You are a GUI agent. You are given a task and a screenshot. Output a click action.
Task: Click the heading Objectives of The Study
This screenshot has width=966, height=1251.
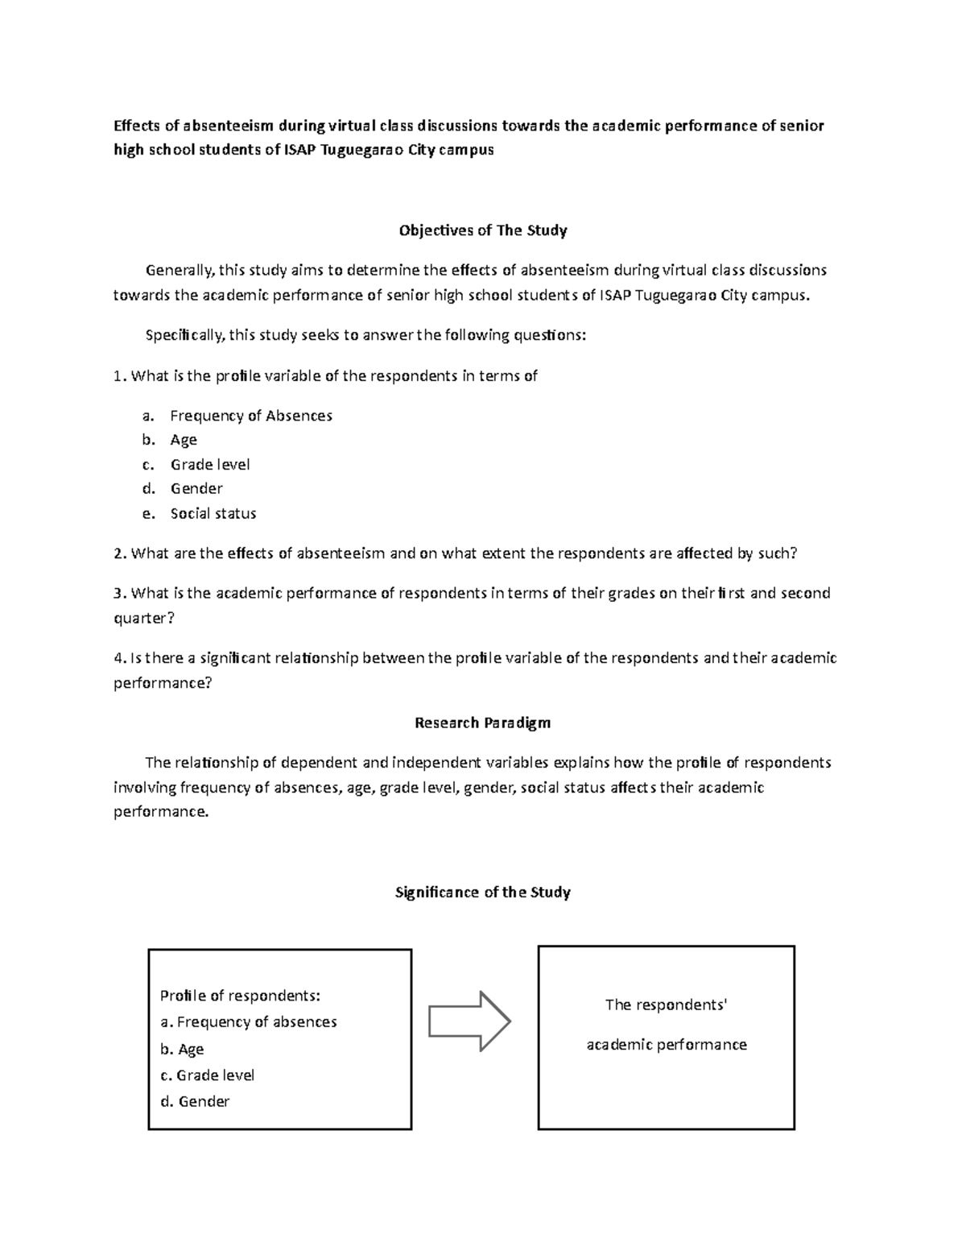click(x=483, y=230)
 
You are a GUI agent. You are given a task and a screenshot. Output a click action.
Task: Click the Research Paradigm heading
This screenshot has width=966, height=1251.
click(x=482, y=723)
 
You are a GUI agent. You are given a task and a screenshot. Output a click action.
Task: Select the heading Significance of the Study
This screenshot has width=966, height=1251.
click(x=482, y=892)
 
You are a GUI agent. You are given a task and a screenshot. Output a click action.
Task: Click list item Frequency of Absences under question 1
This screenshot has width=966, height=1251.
click(x=250, y=416)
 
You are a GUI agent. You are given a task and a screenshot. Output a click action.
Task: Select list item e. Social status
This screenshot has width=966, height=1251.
click(x=213, y=513)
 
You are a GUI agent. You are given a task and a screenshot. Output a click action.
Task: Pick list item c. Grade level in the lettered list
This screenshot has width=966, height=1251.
click(x=209, y=465)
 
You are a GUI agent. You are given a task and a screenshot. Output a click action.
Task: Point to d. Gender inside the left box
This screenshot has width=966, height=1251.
click(x=195, y=1101)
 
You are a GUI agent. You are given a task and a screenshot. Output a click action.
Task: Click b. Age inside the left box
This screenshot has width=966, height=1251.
click(x=182, y=1049)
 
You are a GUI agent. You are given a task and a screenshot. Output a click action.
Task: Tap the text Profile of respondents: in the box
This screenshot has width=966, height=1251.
click(x=240, y=996)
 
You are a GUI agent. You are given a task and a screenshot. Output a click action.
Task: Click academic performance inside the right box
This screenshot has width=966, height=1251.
click(x=667, y=1045)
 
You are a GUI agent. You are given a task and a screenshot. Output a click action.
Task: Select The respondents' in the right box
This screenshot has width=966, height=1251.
click(x=666, y=1005)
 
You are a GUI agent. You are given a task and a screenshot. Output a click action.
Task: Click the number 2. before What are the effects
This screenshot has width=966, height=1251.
click(x=119, y=553)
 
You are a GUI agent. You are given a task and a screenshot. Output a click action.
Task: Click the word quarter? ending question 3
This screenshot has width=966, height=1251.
click(x=143, y=618)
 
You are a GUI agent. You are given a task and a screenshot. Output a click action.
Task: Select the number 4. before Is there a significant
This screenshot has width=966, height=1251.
click(x=119, y=658)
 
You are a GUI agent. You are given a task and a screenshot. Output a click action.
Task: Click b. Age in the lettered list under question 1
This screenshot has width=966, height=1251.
click(x=183, y=440)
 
